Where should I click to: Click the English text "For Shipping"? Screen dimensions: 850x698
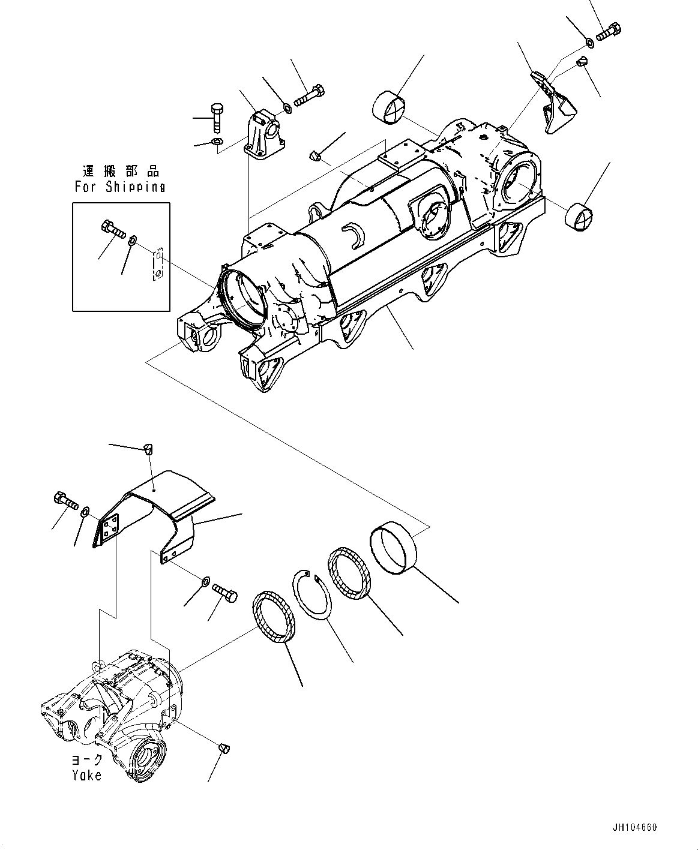coord(120,187)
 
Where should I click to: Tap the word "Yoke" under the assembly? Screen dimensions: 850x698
coord(86,775)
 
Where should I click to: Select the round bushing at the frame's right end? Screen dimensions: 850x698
coord(580,216)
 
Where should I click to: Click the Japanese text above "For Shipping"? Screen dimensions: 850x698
coord(121,172)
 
